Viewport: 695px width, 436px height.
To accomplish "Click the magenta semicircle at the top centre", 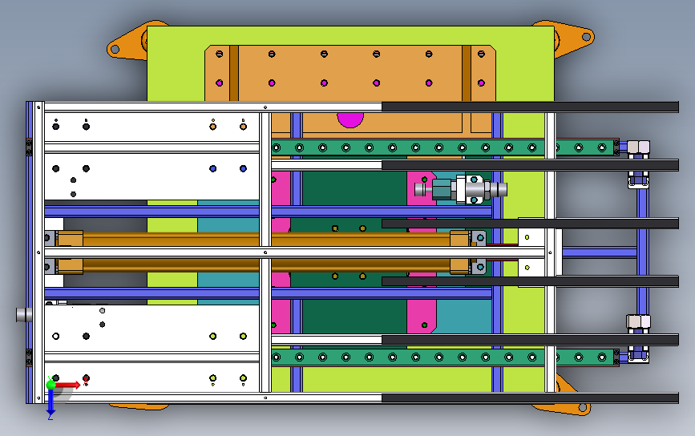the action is tap(350, 119).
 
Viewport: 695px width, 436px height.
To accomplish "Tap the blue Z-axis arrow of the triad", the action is tap(51, 400).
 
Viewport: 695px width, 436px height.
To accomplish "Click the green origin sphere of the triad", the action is tap(51, 384).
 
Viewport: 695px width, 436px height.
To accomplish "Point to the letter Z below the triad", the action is tap(51, 416).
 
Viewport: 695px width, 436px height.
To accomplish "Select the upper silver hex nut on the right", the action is tap(638, 147).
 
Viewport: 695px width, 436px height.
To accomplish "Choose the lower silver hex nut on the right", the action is tap(638, 322).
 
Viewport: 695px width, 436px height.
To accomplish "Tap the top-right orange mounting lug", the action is tap(573, 38).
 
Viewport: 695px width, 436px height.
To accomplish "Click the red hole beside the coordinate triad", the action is tap(86, 377).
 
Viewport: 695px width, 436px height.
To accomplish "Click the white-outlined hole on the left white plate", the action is tap(55, 337).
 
